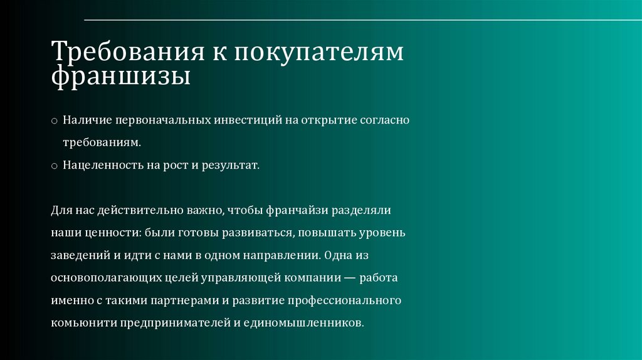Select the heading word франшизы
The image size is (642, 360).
120,78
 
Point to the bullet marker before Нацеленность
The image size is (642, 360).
55,166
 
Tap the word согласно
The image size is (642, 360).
383,120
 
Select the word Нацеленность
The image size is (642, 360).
97,166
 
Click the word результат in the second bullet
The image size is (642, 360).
234,166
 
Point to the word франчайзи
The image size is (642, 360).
296,209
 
